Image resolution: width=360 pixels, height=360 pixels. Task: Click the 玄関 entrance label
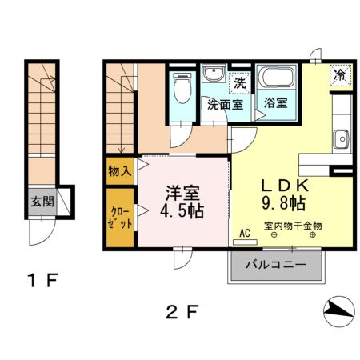(x=43, y=201)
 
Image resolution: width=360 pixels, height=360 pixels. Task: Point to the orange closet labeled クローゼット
(x=121, y=217)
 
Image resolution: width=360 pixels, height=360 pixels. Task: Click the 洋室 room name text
(x=182, y=193)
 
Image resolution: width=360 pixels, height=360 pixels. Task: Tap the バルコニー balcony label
(x=276, y=263)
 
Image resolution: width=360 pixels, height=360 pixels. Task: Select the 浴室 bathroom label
(x=277, y=103)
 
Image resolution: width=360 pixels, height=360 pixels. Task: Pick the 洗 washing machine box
(x=238, y=82)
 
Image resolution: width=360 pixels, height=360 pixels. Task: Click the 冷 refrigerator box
(x=340, y=75)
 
